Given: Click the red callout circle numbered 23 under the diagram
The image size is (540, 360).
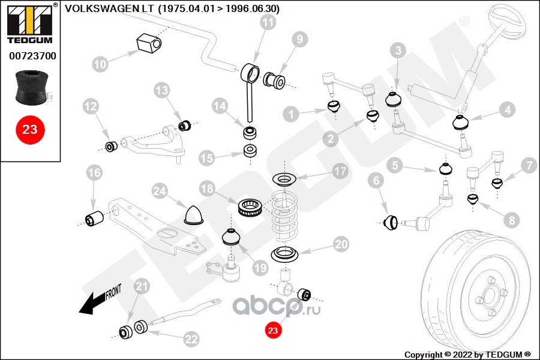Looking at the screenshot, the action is click(x=273, y=329).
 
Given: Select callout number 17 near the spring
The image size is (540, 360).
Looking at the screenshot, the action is click(x=340, y=172).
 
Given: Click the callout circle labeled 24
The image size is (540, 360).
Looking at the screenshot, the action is click(x=158, y=191).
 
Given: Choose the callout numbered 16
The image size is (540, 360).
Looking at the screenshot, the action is click(x=94, y=173).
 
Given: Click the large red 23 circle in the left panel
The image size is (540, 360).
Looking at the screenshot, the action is click(x=29, y=128).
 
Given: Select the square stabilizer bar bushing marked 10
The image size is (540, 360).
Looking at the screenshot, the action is click(x=148, y=43).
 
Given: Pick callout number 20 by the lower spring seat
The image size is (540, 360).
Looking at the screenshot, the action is click(x=340, y=245).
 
